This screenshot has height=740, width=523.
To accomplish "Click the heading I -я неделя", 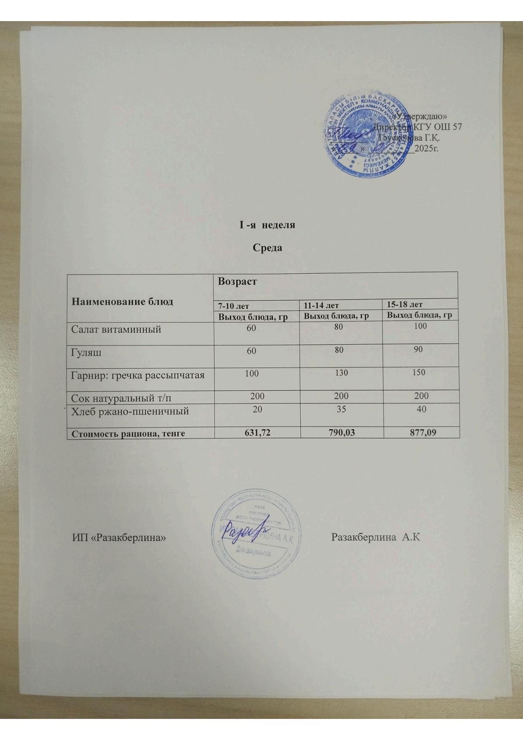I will click(x=267, y=225).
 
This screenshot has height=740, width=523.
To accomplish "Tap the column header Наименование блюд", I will click(x=122, y=301).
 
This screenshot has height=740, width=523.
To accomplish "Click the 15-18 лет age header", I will click(x=405, y=304).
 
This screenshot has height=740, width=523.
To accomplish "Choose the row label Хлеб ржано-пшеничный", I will click(x=130, y=411).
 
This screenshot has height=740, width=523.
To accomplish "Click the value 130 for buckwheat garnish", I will click(x=341, y=373).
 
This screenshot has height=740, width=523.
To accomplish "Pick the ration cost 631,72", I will click(x=257, y=433).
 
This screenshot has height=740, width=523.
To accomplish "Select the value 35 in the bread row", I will click(x=341, y=409).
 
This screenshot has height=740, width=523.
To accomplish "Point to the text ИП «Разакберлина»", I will click(x=119, y=537).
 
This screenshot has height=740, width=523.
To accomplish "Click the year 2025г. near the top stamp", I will click(x=426, y=148).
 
